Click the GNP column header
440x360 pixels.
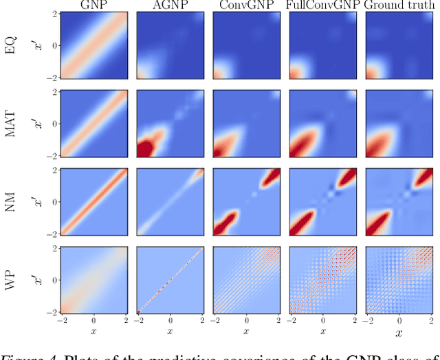[x=93, y=6]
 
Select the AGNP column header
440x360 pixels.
[x=169, y=6]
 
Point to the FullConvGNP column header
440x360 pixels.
[x=321, y=6]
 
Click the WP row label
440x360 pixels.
[x=10, y=281]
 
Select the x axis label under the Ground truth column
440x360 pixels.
[x=397, y=335]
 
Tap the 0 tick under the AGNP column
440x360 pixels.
[x=170, y=321]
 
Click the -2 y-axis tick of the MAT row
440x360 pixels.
[x=52, y=156]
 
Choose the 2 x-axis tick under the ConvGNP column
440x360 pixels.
[x=276, y=321]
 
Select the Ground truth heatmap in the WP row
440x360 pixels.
[x=397, y=280]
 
